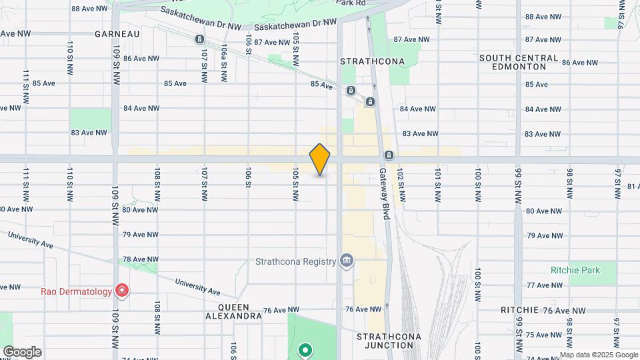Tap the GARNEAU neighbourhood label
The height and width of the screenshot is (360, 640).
click(117, 33)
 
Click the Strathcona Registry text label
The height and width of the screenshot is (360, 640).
click(295, 262)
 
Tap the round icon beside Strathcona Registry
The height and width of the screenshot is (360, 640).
click(347, 260)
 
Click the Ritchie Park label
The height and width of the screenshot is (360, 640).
click(575, 270)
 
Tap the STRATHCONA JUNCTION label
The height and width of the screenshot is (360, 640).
click(389, 341)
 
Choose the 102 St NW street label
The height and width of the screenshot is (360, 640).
click(402, 185)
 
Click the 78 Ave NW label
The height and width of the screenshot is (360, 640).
click(139, 259)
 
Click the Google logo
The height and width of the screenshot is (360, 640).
click(22, 352)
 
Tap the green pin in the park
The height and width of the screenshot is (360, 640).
click(305, 349)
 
